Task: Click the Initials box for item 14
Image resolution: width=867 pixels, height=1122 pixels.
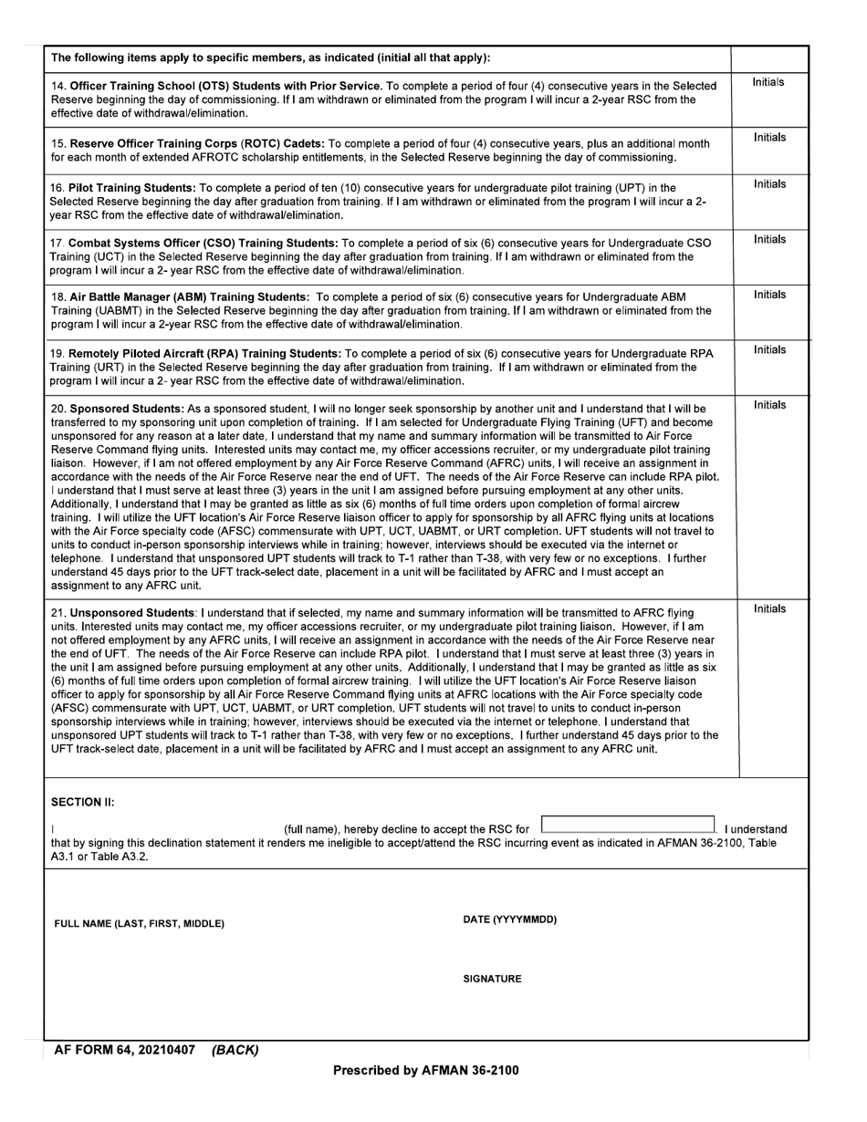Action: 769,100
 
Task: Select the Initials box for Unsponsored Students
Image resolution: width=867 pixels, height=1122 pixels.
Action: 769,688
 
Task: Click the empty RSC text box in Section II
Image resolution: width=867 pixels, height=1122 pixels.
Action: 628,825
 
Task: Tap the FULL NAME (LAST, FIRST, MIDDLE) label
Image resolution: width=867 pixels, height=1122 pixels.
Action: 139,924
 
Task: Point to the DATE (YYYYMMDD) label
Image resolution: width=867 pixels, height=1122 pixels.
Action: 510,919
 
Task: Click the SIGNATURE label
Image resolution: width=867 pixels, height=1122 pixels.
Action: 492,979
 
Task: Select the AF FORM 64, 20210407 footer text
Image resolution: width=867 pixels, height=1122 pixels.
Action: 125,1051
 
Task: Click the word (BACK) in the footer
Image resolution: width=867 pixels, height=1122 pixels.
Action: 235,1051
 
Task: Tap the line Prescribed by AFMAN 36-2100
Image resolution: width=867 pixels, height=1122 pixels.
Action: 425,1070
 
